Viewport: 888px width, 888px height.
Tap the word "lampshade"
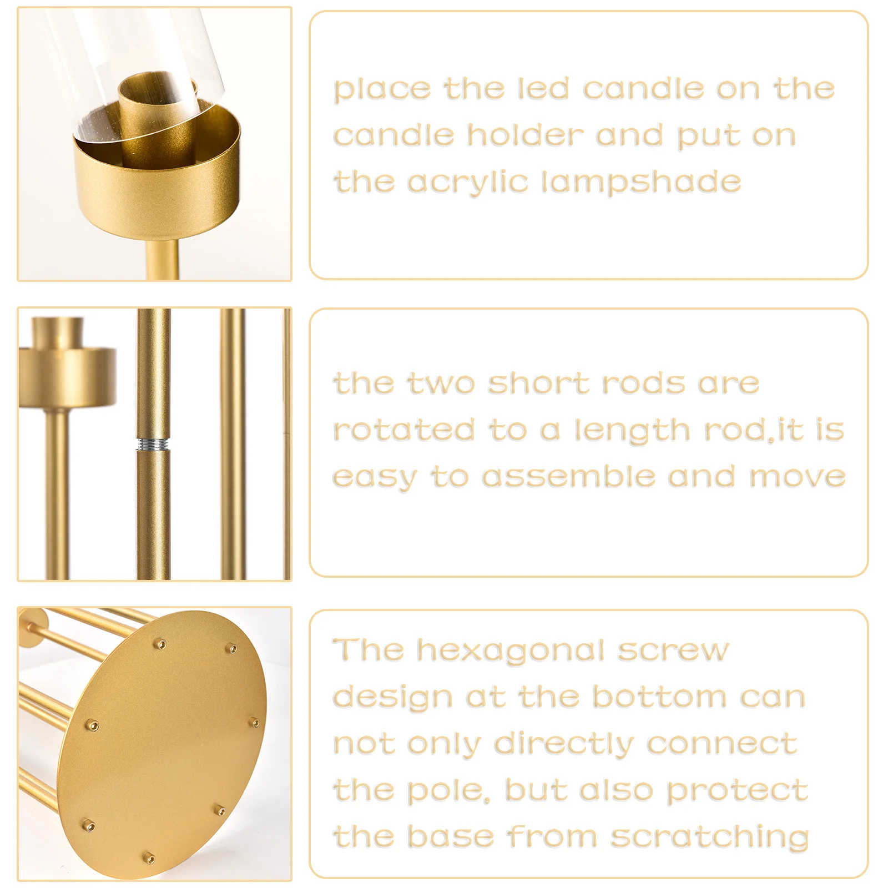coord(641,182)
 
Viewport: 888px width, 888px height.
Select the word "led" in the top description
coord(543,89)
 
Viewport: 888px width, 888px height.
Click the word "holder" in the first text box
coord(525,135)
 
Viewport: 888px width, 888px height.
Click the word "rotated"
coord(404,430)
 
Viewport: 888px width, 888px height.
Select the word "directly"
coord(564,744)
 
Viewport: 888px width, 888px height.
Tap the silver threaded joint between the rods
coord(153,444)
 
